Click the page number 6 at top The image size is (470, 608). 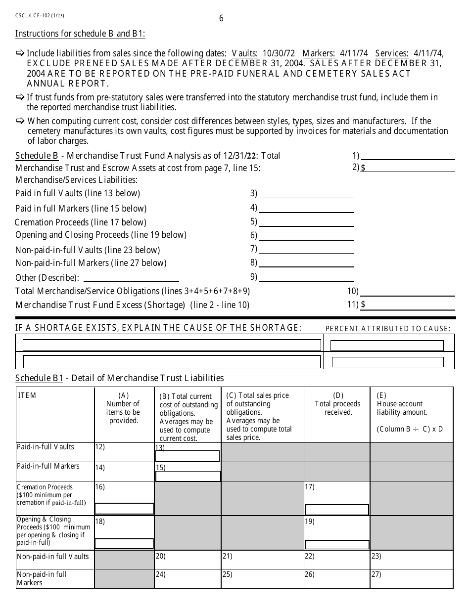221,19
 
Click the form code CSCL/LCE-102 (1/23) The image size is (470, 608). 40,15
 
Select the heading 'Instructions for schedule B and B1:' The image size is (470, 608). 80,34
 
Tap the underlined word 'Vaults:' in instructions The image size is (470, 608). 244,53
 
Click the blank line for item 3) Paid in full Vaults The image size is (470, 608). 306,193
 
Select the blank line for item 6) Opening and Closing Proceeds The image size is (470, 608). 306,235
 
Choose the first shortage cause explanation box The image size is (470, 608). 172,345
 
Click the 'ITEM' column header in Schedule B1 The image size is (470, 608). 28,395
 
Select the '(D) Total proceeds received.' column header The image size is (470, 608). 338,404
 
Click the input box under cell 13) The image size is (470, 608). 188,456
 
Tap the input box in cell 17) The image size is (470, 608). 336,510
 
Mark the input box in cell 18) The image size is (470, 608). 124,544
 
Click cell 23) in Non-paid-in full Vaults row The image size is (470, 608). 411,560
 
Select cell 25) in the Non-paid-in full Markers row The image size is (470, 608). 262,578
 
